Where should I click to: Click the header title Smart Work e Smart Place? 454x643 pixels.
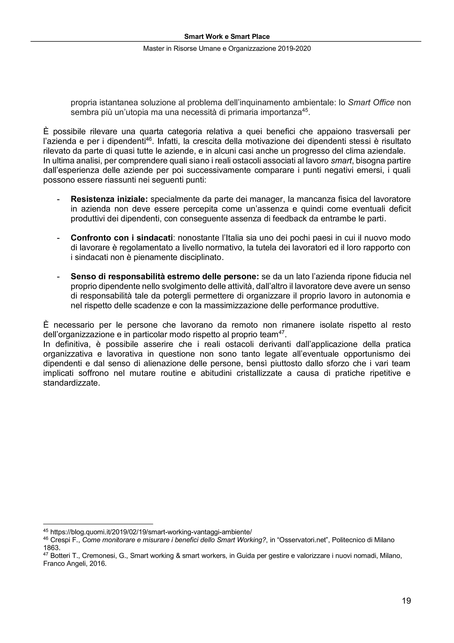pyautogui.click(x=227, y=37)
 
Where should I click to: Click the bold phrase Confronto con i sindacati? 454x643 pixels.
pyautogui.click(x=121, y=238)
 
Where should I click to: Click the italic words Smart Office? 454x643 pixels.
pyautogui.click(x=371, y=103)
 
